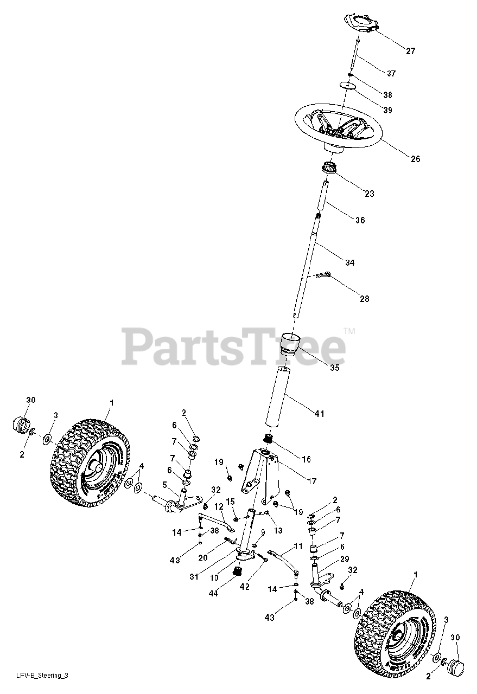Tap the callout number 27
pyautogui.click(x=410, y=51)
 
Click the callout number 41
pyautogui.click(x=319, y=414)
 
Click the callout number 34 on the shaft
pyautogui.click(x=349, y=262)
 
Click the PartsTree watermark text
pyautogui.click(x=233, y=347)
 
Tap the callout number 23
pyautogui.click(x=369, y=194)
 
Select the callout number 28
pyautogui.click(x=365, y=299)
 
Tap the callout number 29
pyautogui.click(x=344, y=558)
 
